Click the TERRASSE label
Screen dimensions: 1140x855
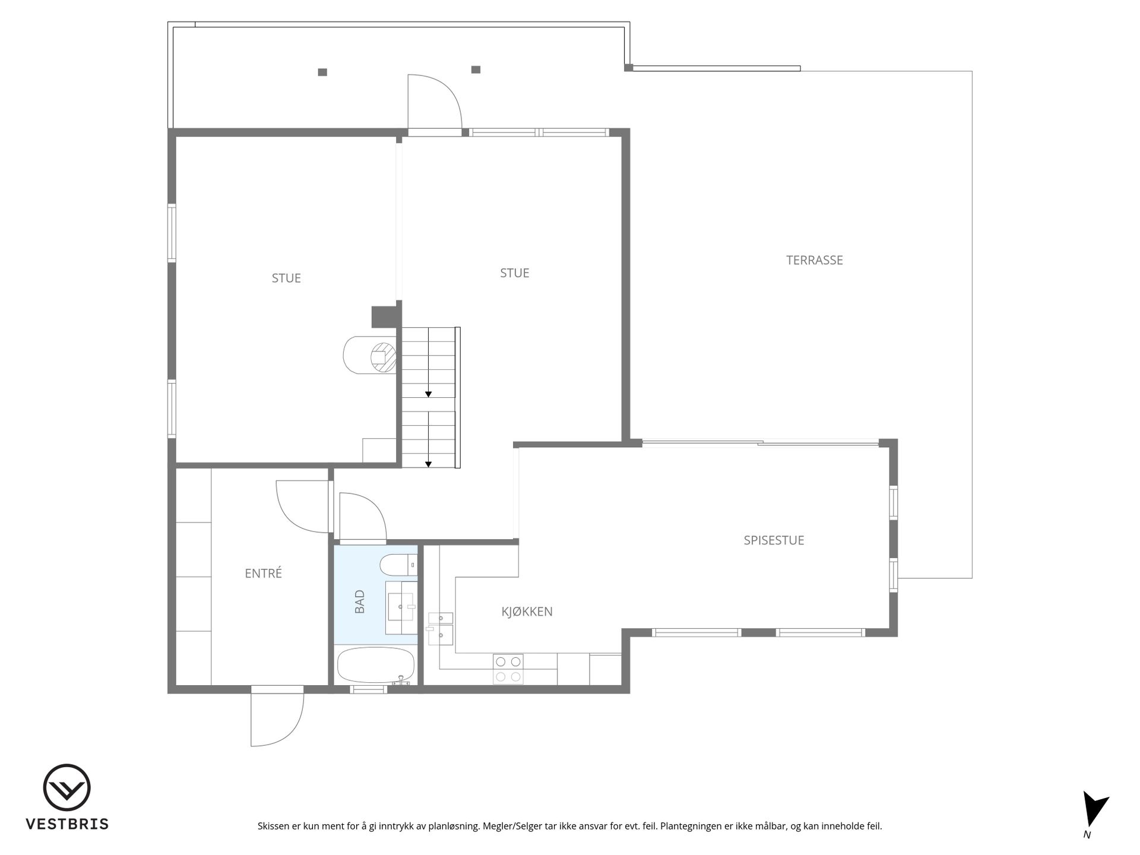[x=814, y=260]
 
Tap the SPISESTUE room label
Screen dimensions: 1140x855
[x=774, y=540]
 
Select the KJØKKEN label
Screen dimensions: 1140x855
[x=527, y=612]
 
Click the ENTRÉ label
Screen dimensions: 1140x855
[x=263, y=573]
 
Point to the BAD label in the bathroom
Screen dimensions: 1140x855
[x=360, y=601]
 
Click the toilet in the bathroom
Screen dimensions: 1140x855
[x=398, y=565]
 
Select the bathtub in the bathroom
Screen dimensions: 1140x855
[x=376, y=665]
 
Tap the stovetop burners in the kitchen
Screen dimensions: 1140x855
[x=508, y=669]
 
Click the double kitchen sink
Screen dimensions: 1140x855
[x=440, y=629]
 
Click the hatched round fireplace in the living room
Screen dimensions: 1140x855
[x=383, y=356]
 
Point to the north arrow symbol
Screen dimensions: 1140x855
[x=1094, y=809]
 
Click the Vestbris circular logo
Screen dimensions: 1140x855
[x=66, y=787]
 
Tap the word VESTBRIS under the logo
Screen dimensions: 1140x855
[x=67, y=824]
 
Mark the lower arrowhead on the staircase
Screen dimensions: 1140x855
[x=428, y=464]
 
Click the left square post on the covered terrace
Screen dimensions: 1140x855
[x=322, y=72]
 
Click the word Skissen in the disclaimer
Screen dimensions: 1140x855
[x=274, y=826]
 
